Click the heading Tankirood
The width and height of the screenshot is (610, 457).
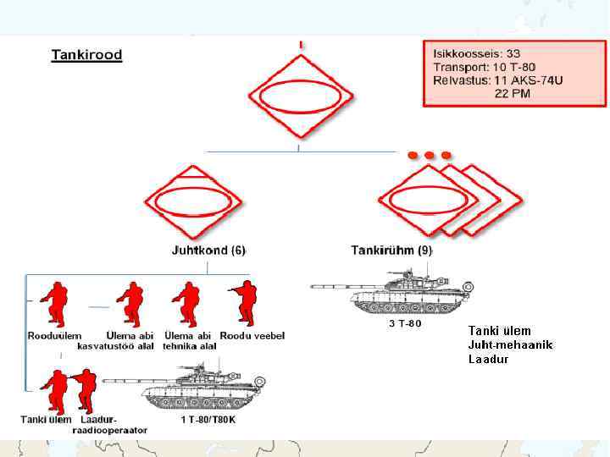pyautogui.click(x=86, y=56)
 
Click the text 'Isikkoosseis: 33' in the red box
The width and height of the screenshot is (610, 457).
pyautogui.click(x=476, y=53)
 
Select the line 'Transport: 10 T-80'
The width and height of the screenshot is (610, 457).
pyautogui.click(x=484, y=67)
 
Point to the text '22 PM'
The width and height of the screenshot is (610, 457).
pyautogui.click(x=513, y=94)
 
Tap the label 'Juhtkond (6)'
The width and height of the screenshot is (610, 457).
pyautogui.click(x=208, y=251)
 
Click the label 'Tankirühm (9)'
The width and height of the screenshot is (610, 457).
pyautogui.click(x=391, y=251)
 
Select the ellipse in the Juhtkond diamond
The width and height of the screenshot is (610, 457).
pyautogui.click(x=194, y=203)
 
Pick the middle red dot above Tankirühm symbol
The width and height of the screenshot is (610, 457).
pyautogui.click(x=430, y=156)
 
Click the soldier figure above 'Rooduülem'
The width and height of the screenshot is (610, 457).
pyautogui.click(x=55, y=305)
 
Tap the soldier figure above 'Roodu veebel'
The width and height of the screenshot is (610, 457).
pyautogui.click(x=245, y=303)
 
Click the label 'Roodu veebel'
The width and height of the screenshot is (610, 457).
pyautogui.click(x=252, y=335)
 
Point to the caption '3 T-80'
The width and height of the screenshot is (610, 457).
pyautogui.click(x=405, y=323)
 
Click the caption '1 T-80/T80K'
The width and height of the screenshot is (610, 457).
pyautogui.click(x=208, y=419)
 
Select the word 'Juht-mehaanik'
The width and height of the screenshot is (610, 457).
pyautogui.click(x=510, y=344)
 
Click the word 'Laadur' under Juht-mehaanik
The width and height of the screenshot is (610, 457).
pyautogui.click(x=488, y=359)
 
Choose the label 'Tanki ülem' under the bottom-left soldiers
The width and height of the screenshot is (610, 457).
pyautogui.click(x=46, y=419)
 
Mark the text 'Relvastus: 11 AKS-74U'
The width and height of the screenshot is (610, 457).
pyautogui.click(x=497, y=80)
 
